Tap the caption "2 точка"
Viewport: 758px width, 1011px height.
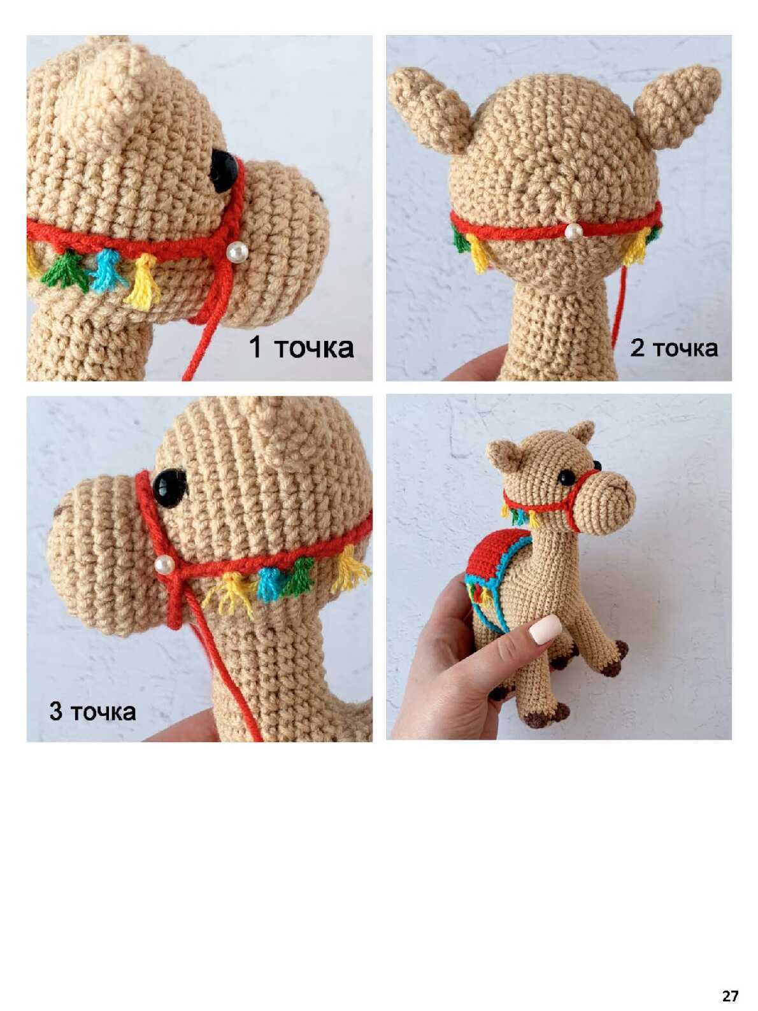click(674, 348)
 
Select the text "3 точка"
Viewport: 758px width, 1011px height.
click(92, 712)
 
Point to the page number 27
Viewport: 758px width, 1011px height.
click(730, 980)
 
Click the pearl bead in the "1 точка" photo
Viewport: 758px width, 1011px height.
click(238, 252)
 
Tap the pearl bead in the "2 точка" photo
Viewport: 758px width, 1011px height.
click(573, 232)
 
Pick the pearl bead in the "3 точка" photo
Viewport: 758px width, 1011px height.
click(164, 565)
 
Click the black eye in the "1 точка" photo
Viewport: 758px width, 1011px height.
click(225, 170)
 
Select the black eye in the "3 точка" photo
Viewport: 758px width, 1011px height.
click(170, 488)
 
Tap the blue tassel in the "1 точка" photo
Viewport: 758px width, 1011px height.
click(108, 270)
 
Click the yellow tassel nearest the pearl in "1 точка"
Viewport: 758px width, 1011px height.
click(143, 281)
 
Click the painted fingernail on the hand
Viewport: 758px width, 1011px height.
click(546, 629)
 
